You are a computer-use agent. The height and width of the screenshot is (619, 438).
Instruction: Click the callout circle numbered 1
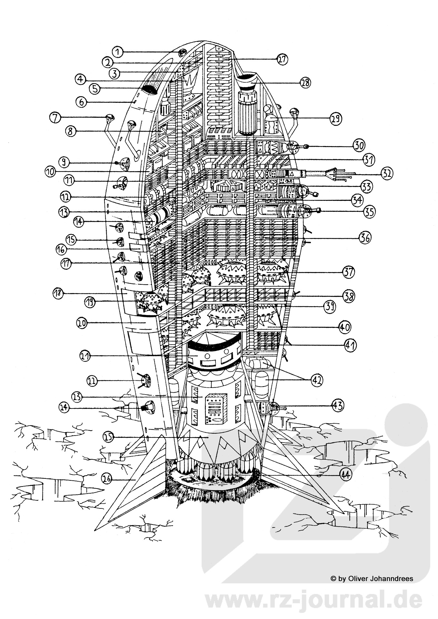[118, 52]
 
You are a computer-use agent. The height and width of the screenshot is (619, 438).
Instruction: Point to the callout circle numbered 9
[65, 162]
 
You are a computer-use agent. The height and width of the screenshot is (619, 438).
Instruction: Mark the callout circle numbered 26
[107, 479]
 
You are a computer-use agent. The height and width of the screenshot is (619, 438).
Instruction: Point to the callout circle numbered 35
[369, 212]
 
